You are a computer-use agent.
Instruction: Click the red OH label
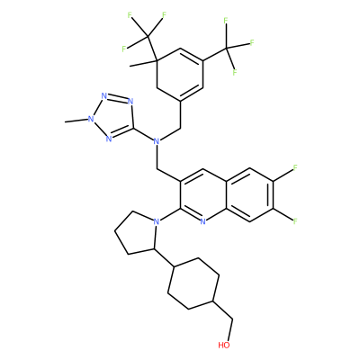click(224, 345)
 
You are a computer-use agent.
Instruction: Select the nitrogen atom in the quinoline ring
click(203, 221)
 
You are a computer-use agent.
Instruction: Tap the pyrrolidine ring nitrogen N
click(156, 221)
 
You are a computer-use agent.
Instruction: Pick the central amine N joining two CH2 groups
click(156, 140)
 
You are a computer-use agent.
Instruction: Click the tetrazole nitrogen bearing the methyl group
click(90, 119)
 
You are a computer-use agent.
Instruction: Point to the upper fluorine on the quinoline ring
click(295, 167)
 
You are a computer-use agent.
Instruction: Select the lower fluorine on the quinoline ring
click(295, 221)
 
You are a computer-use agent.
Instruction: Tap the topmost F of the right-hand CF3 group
click(226, 21)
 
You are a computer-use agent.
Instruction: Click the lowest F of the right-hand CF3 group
click(235, 72)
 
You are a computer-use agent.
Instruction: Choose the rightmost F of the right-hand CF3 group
click(252, 42)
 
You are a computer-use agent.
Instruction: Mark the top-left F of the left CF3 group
click(130, 15)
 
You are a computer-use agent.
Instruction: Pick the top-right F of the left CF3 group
click(164, 15)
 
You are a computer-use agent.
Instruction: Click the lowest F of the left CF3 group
click(124, 49)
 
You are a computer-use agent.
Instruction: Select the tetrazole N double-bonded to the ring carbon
click(109, 139)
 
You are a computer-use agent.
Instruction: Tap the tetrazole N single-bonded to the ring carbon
click(130, 101)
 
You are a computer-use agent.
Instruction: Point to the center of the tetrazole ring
click(113, 117)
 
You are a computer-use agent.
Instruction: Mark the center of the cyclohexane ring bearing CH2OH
click(193, 283)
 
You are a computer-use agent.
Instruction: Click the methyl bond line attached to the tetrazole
click(76, 121)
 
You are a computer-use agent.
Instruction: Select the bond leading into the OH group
click(230, 330)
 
